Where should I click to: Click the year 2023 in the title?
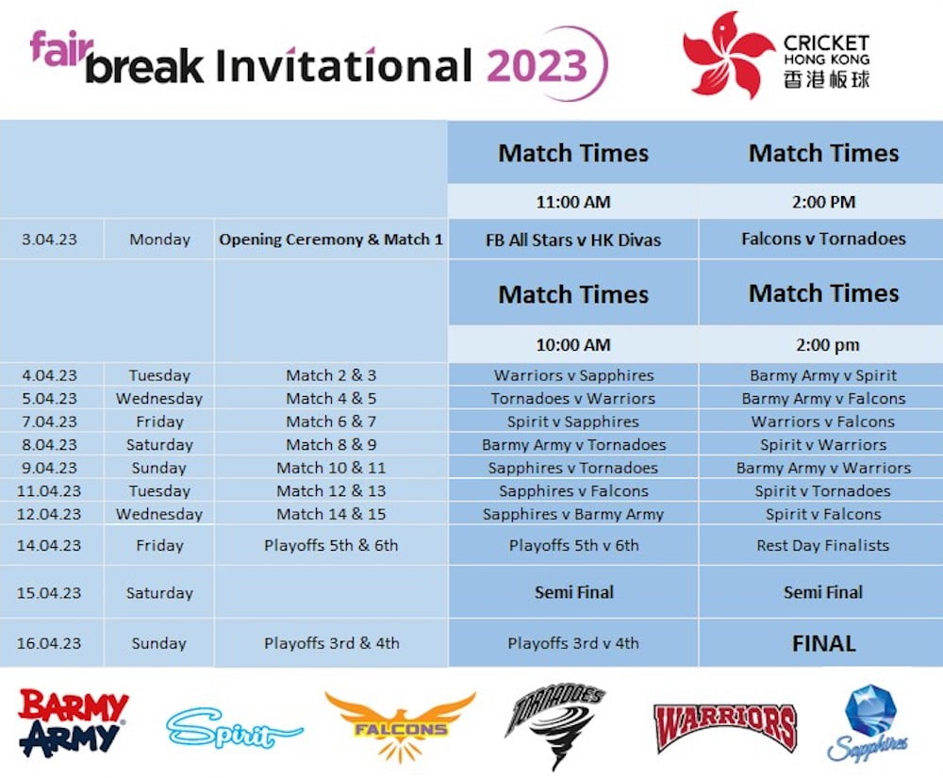537,66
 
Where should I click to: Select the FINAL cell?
823,644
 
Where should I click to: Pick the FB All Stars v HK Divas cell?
573,240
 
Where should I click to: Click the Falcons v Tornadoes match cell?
823,240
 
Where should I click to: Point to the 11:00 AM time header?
573,202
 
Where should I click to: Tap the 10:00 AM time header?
573,345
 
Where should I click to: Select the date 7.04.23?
49,422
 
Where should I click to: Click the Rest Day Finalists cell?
823,545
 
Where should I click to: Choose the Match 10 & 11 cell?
331,468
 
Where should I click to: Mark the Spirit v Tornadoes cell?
823,491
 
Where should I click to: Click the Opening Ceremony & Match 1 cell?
331,240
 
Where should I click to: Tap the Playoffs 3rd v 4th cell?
573,644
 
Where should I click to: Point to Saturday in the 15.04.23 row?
159,593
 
